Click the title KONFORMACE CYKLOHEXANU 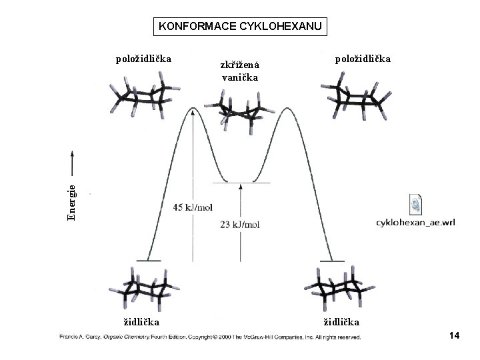click(x=240, y=27)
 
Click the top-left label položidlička click(x=143, y=59)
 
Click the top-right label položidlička click(x=363, y=59)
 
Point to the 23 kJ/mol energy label click(x=240, y=225)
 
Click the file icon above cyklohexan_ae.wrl click(x=415, y=203)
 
